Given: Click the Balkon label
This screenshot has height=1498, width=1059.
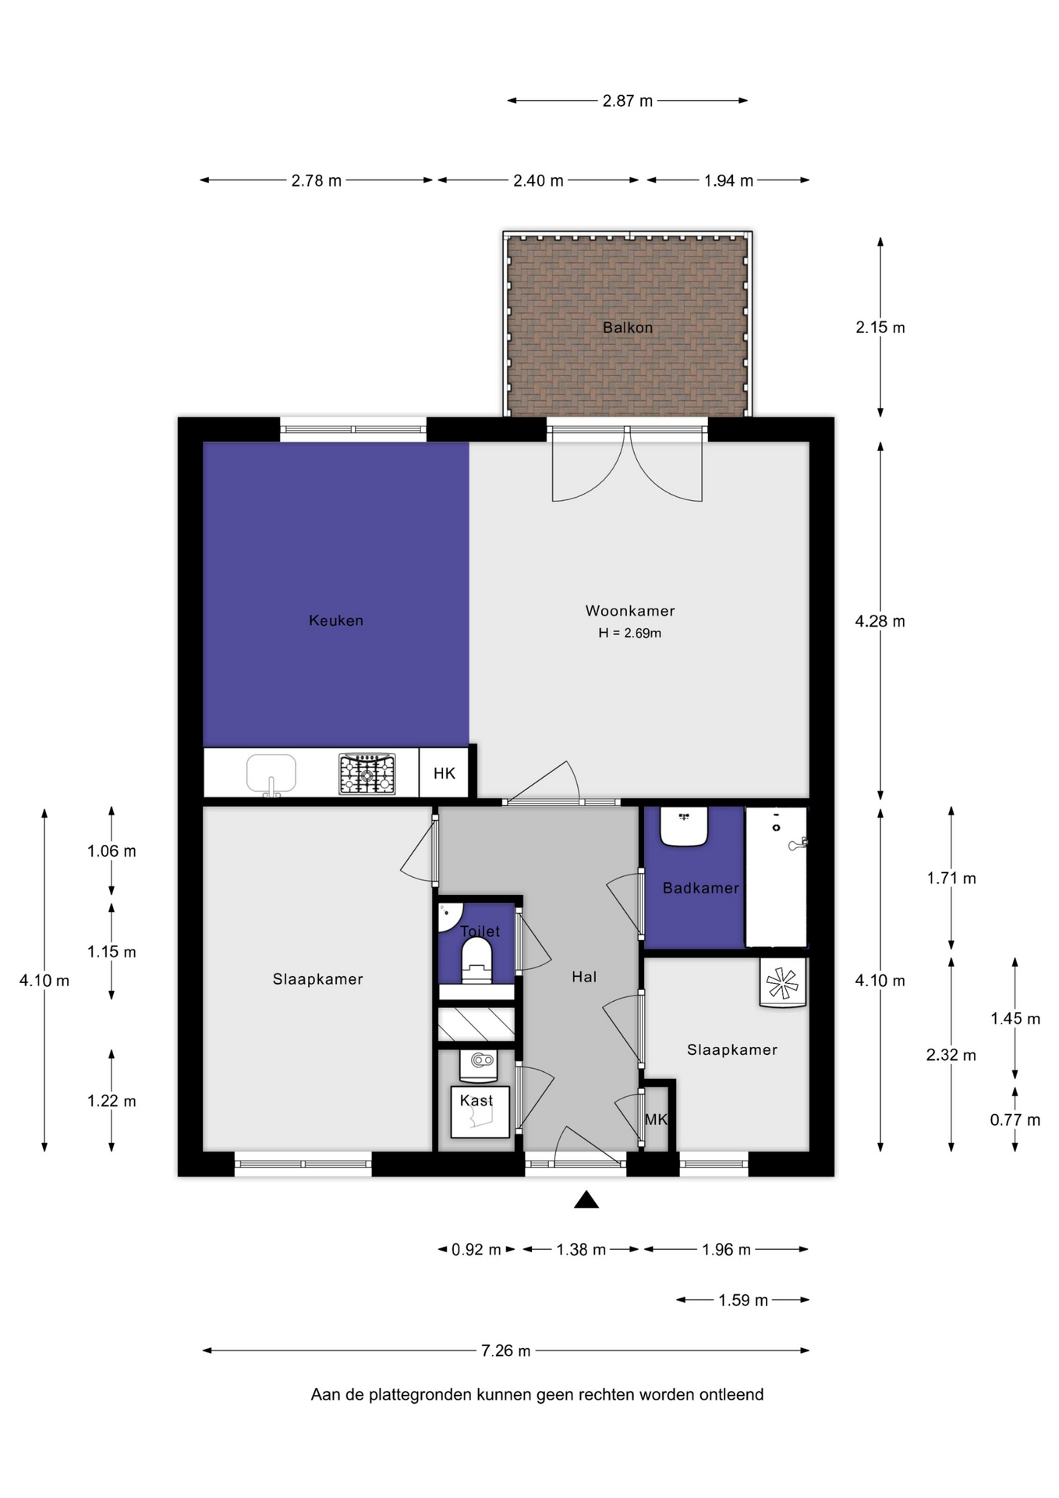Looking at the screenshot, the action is pyautogui.click(x=627, y=328).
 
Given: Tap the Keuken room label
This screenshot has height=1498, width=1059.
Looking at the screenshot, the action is pyautogui.click(x=336, y=621).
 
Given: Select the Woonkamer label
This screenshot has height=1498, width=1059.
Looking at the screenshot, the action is pyautogui.click(x=630, y=611).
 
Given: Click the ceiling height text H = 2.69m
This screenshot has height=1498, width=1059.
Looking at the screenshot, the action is pyautogui.click(x=630, y=634).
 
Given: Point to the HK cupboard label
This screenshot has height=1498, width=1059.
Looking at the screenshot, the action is pyautogui.click(x=444, y=773).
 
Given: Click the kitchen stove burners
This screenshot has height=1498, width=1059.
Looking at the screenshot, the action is pyautogui.click(x=367, y=774).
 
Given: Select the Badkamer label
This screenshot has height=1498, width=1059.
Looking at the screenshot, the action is pyautogui.click(x=700, y=888).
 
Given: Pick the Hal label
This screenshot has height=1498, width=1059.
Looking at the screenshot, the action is pyautogui.click(x=584, y=977).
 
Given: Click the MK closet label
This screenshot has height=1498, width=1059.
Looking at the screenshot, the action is pyautogui.click(x=656, y=1120).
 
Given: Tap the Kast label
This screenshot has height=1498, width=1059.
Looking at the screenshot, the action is pyautogui.click(x=476, y=1101).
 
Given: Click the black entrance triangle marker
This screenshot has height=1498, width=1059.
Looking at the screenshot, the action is pyautogui.click(x=586, y=1200).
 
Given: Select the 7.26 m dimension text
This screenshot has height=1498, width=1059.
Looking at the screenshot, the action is pyautogui.click(x=506, y=1351).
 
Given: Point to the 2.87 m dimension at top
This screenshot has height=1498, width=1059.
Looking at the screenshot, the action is pyautogui.click(x=628, y=101).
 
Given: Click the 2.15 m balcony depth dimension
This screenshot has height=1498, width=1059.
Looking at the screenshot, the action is pyautogui.click(x=880, y=328).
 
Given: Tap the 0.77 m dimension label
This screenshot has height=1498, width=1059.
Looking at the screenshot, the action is pyautogui.click(x=1015, y=1120).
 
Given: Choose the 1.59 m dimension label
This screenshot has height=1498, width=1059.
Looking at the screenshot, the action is pyautogui.click(x=743, y=1300).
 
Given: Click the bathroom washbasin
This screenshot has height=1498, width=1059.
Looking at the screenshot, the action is pyautogui.click(x=684, y=826).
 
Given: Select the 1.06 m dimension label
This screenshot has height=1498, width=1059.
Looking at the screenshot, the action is pyautogui.click(x=112, y=851).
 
